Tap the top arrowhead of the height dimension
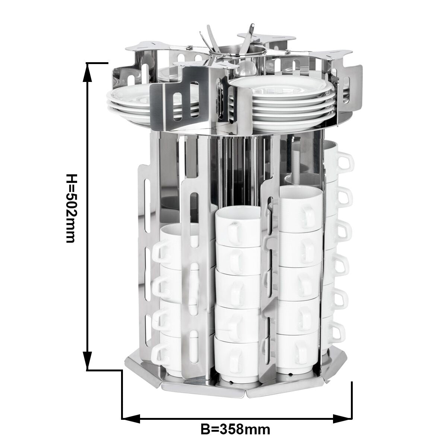pyautogui.click(x=87, y=72)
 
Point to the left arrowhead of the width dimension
pyautogui.click(x=131, y=412)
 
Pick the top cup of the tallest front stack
pyautogui.click(x=301, y=209)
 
